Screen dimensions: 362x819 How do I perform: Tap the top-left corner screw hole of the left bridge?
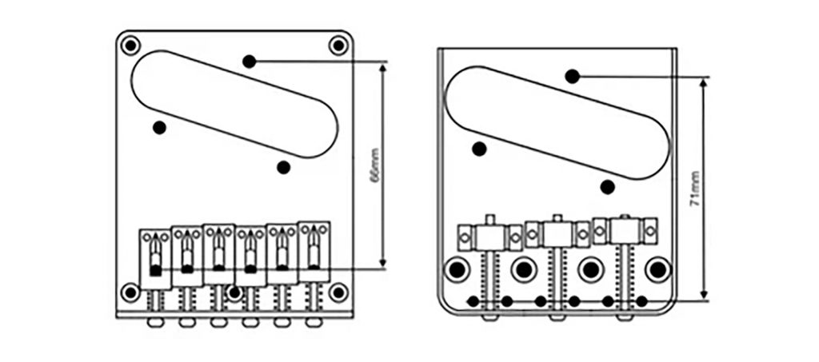click(130, 45)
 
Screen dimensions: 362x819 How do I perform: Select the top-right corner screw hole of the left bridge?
click(338, 46)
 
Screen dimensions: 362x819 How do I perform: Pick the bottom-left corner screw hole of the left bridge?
click(130, 292)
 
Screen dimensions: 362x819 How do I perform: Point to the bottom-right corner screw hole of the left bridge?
click(338, 292)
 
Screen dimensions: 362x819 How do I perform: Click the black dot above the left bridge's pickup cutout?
click(250, 61)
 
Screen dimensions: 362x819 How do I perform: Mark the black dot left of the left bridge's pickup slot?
click(160, 127)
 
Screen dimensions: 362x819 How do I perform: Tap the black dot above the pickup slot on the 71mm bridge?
click(572, 76)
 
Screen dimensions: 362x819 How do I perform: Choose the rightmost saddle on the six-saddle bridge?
click(314, 250)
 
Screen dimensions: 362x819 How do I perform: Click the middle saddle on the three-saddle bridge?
click(557, 233)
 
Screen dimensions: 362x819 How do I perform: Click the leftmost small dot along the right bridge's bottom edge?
click(473, 301)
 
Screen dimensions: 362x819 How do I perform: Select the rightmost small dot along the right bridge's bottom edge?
click(641, 301)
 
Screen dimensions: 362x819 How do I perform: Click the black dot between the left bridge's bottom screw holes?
click(234, 292)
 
